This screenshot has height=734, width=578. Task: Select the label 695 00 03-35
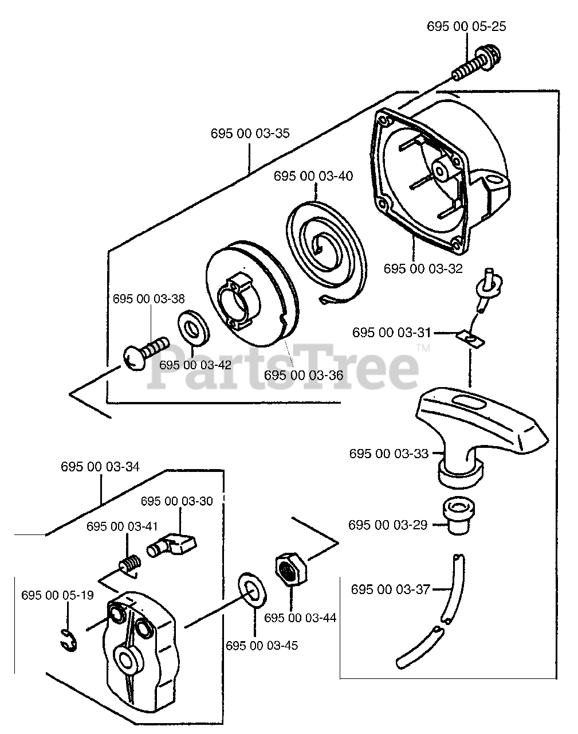click(x=250, y=134)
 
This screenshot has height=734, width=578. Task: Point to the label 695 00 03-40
click(x=313, y=175)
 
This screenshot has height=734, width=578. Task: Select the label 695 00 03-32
click(x=423, y=268)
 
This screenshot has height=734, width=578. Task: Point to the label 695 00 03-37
click(x=390, y=589)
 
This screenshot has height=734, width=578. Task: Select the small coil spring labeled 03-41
click(x=131, y=563)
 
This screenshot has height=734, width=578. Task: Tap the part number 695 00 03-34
click(x=100, y=467)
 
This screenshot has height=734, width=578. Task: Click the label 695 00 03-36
click(x=304, y=375)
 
